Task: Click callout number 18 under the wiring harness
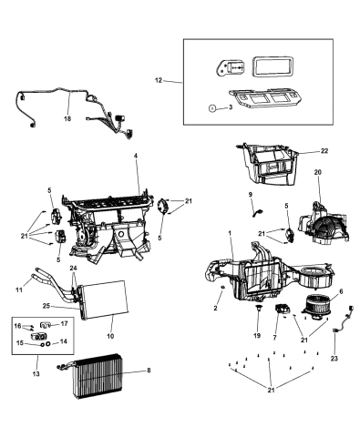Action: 67,118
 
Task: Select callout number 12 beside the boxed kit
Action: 159,80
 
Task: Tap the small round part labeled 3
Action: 212,107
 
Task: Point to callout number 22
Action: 324,150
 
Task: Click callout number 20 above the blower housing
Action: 317,172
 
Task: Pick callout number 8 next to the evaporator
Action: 149,371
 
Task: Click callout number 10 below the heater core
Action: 110,336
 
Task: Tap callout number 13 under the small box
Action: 36,373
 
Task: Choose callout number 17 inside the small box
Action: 64,323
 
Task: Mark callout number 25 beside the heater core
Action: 46,306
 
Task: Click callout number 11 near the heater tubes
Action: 19,290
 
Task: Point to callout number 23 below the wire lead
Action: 334,359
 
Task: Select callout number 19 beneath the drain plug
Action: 257,335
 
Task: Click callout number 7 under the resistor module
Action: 274,338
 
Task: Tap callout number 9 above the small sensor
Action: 251,194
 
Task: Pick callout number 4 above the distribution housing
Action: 136,156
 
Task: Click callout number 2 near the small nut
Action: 215,308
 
